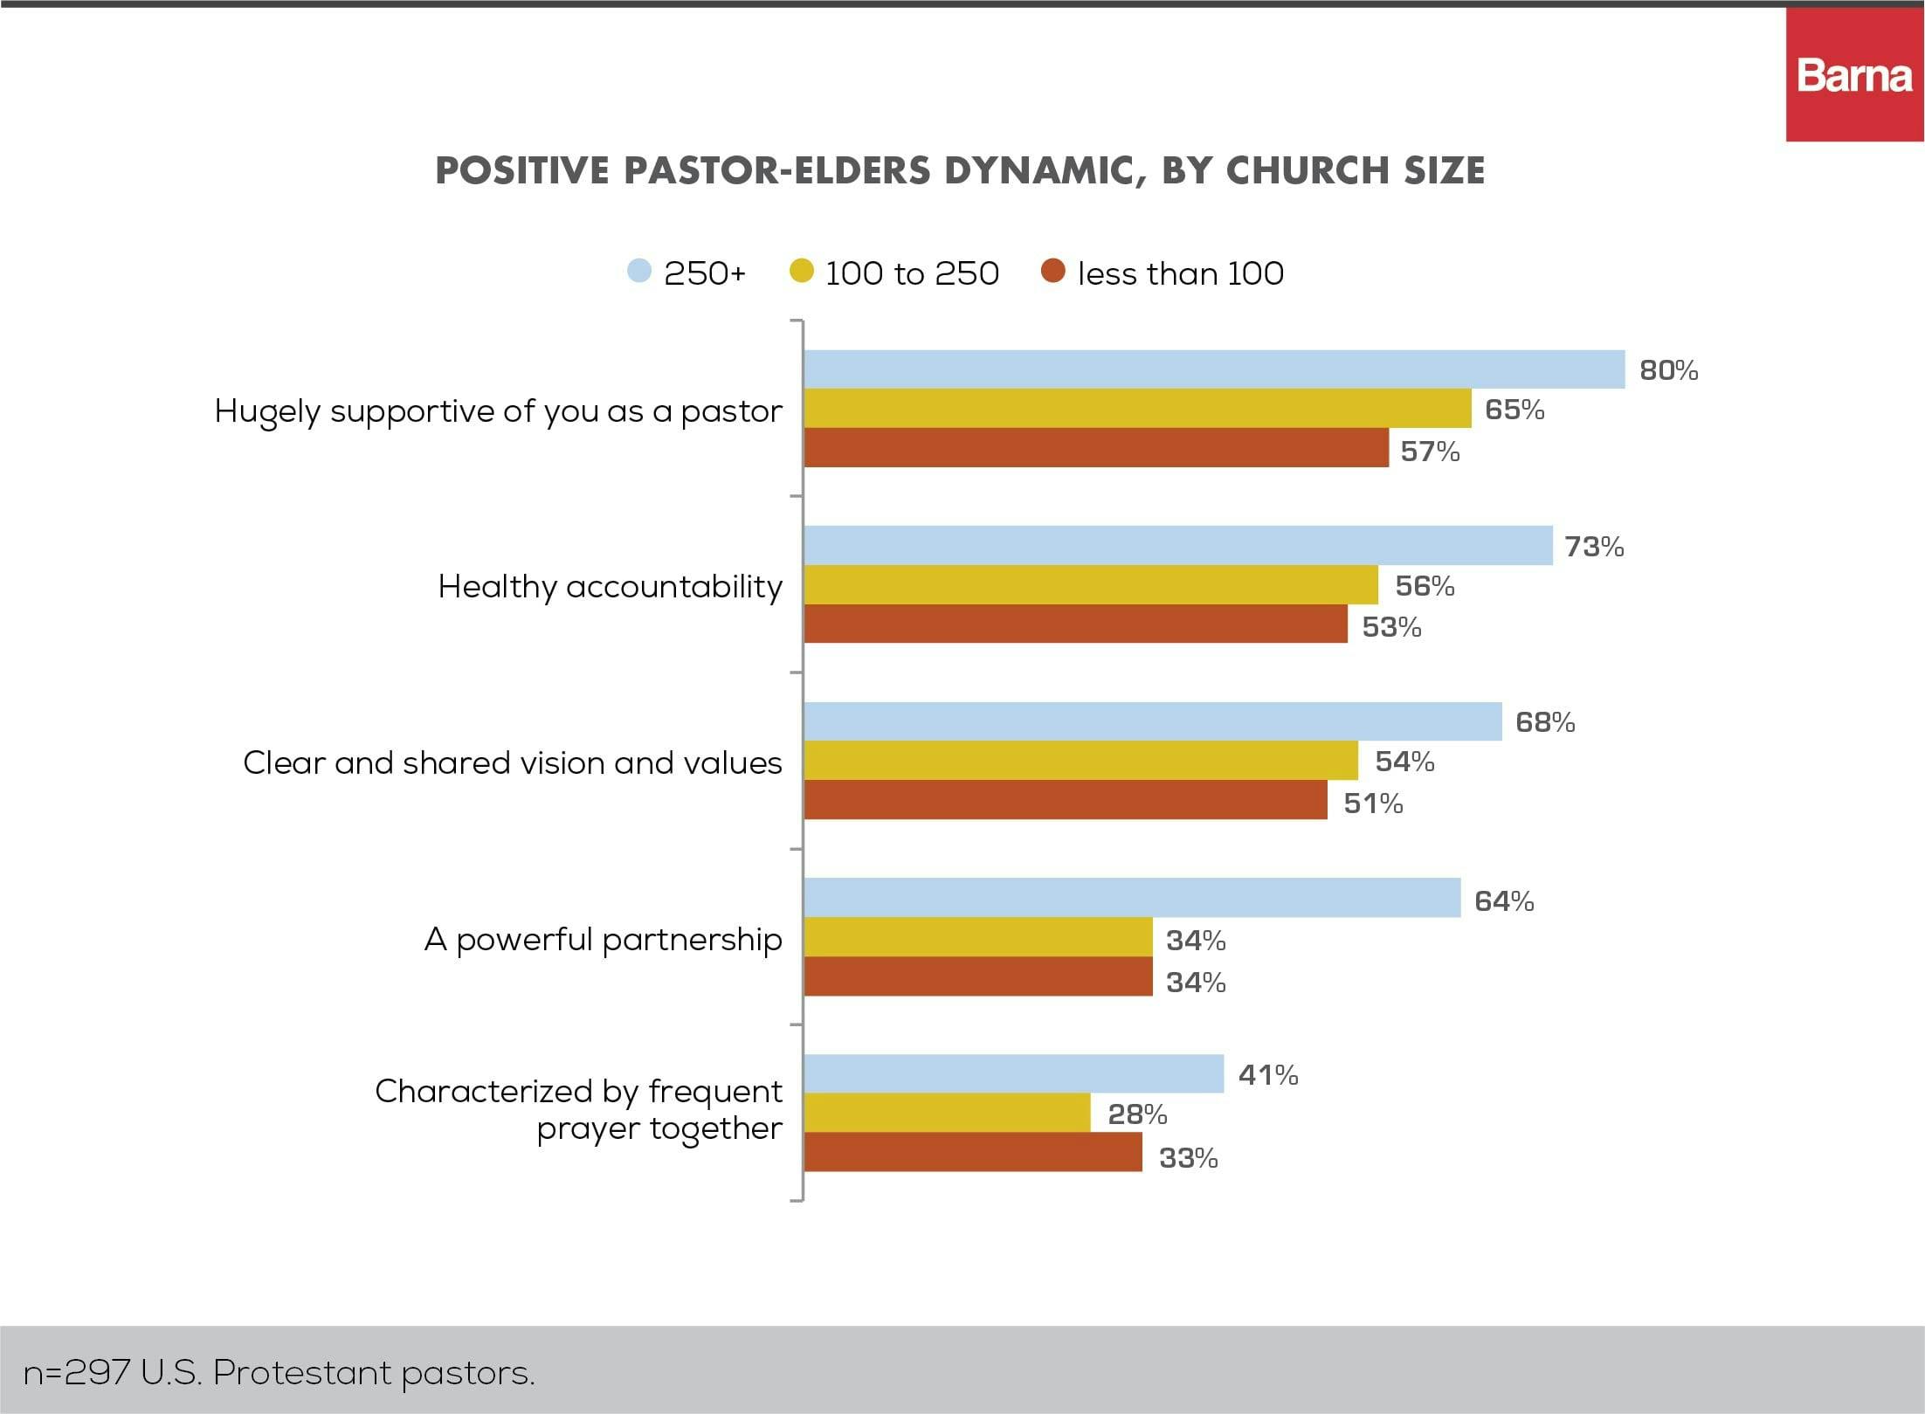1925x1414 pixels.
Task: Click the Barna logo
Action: [x=1854, y=76]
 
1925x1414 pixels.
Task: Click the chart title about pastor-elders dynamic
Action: [x=960, y=170]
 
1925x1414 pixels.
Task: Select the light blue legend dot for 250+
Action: [x=639, y=271]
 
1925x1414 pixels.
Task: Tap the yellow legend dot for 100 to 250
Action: [x=801, y=271]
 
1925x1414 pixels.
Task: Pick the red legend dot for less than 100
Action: [x=1053, y=271]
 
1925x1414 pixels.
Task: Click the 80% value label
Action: [x=1668, y=370]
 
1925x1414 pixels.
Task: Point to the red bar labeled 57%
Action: [x=1096, y=448]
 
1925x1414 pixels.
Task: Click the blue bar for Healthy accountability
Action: [x=1178, y=546]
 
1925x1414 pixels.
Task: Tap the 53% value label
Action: [x=1391, y=627]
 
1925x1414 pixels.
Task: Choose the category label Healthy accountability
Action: [x=610, y=586]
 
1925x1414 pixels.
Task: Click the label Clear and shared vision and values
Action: [x=513, y=762]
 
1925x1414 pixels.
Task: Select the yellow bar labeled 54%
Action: [x=1080, y=761]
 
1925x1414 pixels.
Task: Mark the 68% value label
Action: [x=1545, y=722]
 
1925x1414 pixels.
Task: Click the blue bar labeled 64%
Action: [x=1132, y=898]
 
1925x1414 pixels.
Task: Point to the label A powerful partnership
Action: [x=603, y=939]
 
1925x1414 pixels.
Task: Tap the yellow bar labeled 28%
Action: [x=947, y=1113]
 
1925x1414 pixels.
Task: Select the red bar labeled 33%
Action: [x=973, y=1152]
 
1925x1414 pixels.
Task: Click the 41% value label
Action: [x=1268, y=1075]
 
